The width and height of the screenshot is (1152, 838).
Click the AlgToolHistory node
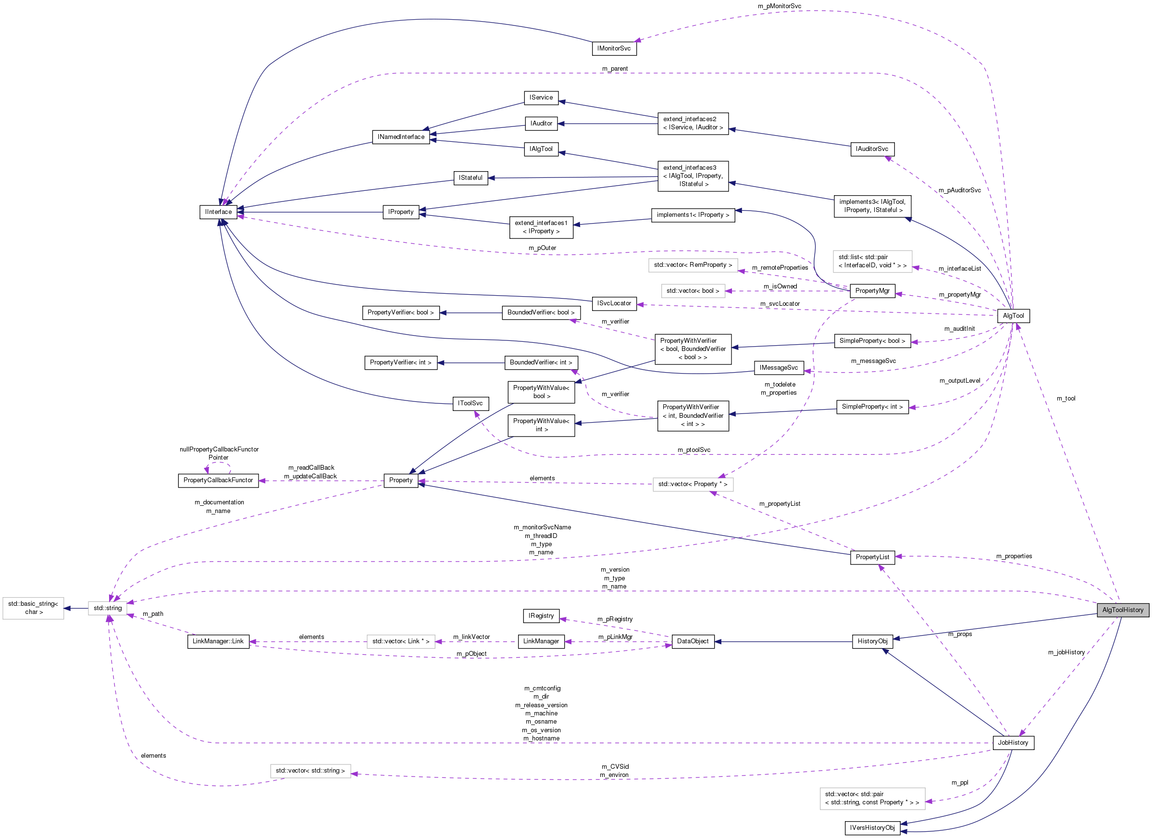pos(1122,610)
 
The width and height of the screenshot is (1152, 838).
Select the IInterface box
pos(218,212)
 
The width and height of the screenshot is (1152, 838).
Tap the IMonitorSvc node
pos(614,49)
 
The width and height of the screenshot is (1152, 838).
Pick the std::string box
pos(108,608)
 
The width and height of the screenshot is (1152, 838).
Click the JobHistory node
pos(1012,742)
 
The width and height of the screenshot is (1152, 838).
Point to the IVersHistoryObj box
pos(872,828)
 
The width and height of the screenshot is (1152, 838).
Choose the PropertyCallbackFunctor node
pos(218,480)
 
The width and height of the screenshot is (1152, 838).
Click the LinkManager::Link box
pos(218,641)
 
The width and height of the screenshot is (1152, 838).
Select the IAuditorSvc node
pos(872,149)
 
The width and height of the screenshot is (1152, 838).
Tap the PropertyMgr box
pos(872,291)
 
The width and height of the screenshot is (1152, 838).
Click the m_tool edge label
pos(1065,399)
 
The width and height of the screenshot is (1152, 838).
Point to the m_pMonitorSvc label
pos(779,6)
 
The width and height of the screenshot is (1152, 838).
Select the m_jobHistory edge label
pos(1066,652)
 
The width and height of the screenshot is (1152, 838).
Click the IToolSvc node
pos(471,403)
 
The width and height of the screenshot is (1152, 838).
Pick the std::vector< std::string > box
pos(310,771)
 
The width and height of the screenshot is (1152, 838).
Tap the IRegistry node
pos(541,616)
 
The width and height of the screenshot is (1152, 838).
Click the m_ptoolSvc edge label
pos(694,450)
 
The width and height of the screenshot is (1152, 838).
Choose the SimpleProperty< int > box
pos(872,407)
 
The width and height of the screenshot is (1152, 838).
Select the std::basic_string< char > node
pos(34,608)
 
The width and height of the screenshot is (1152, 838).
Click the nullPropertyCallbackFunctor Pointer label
pos(219,453)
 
